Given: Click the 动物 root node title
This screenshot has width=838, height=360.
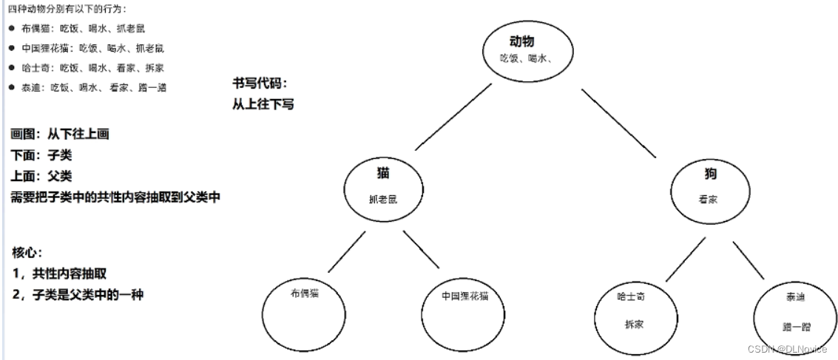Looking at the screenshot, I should [521, 41].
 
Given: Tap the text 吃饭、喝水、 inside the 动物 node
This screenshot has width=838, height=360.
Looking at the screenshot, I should [523, 58].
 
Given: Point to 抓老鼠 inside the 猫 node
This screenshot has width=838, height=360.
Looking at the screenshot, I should [383, 199].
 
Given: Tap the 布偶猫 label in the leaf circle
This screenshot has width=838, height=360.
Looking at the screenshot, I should [305, 292].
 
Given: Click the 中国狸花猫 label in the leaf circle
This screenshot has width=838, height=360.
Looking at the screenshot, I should [464, 296].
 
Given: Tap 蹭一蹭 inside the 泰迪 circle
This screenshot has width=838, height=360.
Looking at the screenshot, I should [795, 325].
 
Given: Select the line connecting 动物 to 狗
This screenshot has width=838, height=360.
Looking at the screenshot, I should [618, 123].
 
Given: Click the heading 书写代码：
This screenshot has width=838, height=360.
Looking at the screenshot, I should [258, 83].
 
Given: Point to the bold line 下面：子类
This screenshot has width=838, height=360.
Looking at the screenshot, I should [41, 156].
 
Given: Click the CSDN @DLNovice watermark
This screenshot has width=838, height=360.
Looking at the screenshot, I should [787, 350].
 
